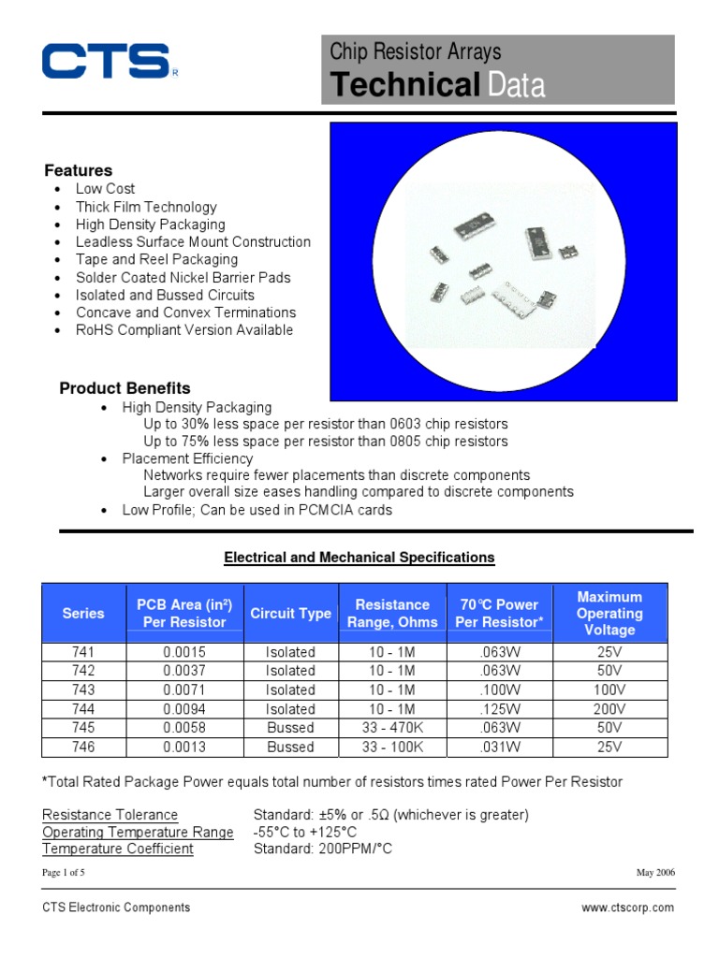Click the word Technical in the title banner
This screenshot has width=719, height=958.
(x=404, y=85)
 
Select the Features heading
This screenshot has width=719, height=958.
(x=79, y=170)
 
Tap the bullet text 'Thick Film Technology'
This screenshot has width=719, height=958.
(x=146, y=207)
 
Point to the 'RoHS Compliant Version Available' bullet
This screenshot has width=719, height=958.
(x=184, y=330)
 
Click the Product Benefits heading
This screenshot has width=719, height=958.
(x=125, y=388)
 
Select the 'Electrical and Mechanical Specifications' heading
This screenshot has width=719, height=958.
(x=359, y=558)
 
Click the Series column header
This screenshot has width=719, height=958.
(x=83, y=614)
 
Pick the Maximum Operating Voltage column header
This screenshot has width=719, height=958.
(x=609, y=614)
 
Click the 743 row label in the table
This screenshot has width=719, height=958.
(x=83, y=690)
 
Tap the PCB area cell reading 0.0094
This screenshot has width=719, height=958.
(x=184, y=709)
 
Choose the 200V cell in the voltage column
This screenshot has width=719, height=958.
(x=609, y=709)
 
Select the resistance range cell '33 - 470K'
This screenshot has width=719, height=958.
(x=395, y=728)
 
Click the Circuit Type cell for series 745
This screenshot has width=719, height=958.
(x=290, y=728)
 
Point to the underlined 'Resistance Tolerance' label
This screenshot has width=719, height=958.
(x=110, y=815)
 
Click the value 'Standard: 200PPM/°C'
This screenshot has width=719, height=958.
(x=322, y=849)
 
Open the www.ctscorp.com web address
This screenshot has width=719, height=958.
(x=627, y=907)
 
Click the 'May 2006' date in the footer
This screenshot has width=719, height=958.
(x=655, y=873)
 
